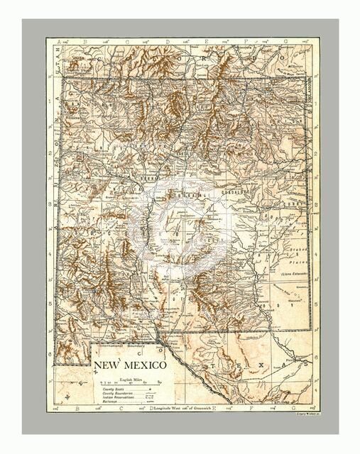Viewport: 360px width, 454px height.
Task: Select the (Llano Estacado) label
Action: tap(293, 272)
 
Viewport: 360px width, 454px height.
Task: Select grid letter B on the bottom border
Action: tap(84, 409)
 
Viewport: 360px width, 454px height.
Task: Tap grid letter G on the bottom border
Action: tap(287, 409)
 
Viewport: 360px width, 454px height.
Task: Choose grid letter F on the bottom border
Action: tap(246, 409)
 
